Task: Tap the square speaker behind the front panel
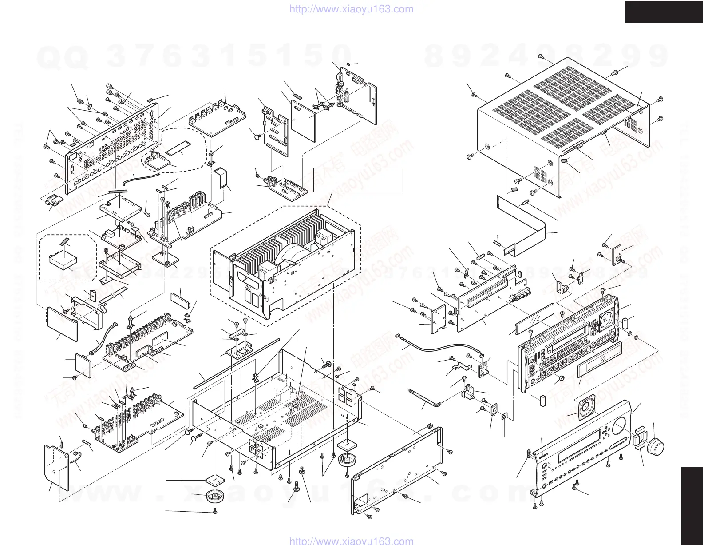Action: pyautogui.click(x=584, y=407)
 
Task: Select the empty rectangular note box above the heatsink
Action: pyautogui.click(x=357, y=180)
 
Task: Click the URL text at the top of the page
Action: pyautogui.click(x=351, y=9)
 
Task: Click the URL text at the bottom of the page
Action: pyautogui.click(x=351, y=541)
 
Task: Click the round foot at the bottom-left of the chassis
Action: pyautogui.click(x=215, y=496)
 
